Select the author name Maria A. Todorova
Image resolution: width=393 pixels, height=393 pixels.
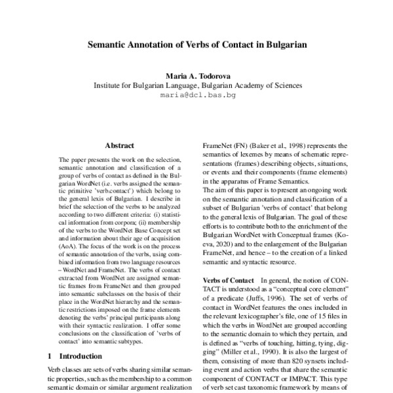pyautogui.click(x=197, y=76)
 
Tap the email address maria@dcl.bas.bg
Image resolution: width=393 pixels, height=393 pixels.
pyautogui.click(x=198, y=94)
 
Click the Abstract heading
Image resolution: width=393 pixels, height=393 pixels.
pyautogui.click(x=119, y=145)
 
